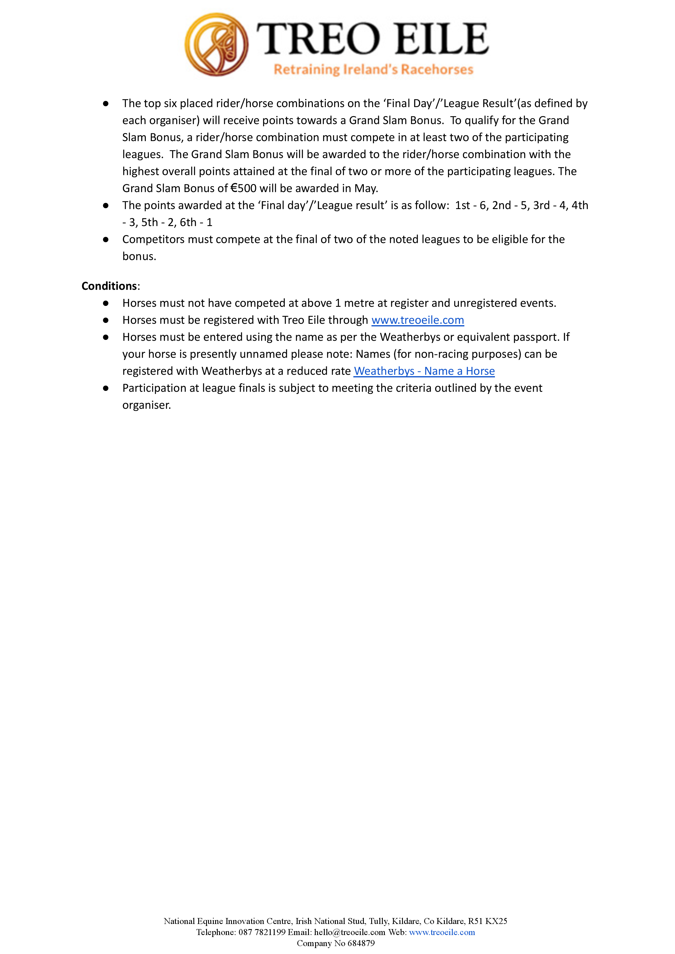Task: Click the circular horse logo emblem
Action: (217, 44)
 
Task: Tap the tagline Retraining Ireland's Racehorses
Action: (373, 69)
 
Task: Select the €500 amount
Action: (243, 188)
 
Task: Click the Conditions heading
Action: (109, 286)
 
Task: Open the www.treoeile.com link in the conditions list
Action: (417, 320)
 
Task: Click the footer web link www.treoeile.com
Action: (441, 932)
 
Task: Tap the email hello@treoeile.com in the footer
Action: (350, 932)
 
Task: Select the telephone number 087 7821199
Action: (262, 932)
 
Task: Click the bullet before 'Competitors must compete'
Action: (106, 239)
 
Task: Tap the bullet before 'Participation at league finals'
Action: (106, 388)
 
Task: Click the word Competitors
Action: (153, 239)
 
